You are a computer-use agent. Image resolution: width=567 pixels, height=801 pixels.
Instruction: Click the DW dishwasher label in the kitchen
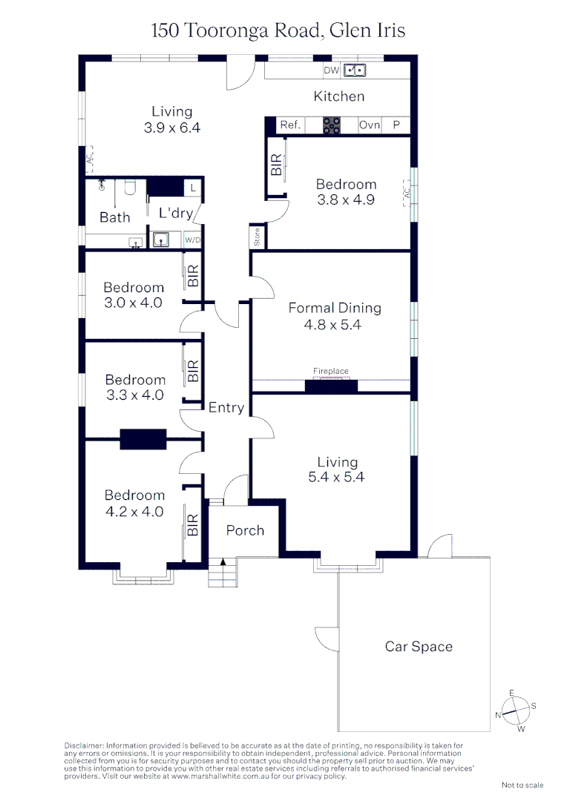[x=331, y=71]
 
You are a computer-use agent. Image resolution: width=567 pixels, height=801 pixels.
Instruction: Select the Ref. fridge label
[x=290, y=125]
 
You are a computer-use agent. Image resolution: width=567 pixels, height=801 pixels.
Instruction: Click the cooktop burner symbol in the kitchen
[x=331, y=125]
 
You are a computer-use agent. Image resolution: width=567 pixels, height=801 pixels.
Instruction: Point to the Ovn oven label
[x=370, y=125]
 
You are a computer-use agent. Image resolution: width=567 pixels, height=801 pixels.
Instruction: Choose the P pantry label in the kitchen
[x=396, y=125]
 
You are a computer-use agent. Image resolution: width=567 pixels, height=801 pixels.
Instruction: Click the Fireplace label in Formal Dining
[x=330, y=371]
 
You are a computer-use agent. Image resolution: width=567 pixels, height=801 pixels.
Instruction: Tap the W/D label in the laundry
[x=192, y=240]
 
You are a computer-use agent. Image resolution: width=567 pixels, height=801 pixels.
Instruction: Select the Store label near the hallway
[x=258, y=238]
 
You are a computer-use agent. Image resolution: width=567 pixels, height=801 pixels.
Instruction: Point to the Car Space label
[x=419, y=647]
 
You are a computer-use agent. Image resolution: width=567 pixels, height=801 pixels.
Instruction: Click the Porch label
[x=245, y=530]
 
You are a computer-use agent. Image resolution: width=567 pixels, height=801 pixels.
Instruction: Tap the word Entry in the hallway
[x=226, y=407]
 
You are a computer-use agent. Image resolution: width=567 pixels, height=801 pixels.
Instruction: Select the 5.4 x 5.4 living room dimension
[x=337, y=478]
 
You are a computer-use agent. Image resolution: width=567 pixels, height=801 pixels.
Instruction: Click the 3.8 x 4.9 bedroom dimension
[x=346, y=200]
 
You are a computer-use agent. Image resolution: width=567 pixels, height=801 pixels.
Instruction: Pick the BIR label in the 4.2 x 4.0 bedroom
[x=193, y=525]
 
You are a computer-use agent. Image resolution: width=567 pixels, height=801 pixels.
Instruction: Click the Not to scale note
[x=522, y=785]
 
